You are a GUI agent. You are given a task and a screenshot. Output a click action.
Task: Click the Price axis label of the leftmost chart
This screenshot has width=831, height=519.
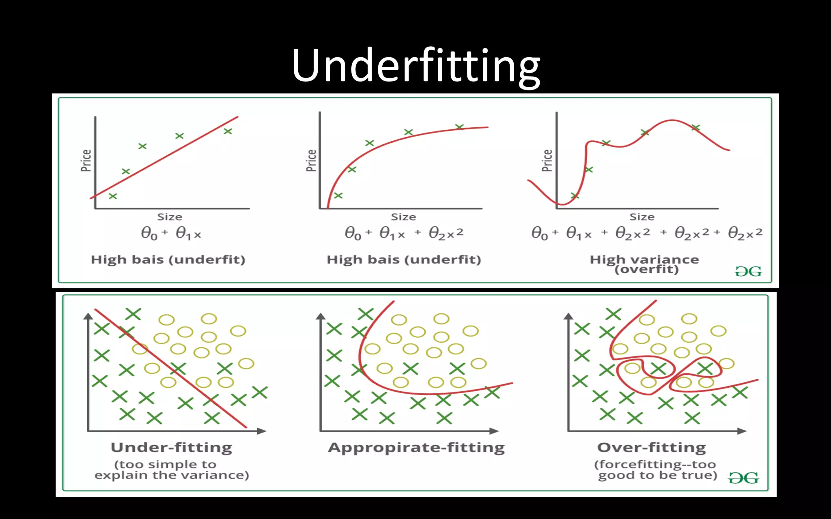(86, 161)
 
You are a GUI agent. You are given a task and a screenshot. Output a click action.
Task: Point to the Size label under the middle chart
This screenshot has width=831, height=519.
(403, 217)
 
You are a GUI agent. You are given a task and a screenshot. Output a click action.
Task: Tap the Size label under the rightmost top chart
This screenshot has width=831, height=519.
(642, 217)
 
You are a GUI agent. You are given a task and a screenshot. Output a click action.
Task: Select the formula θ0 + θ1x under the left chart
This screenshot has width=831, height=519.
(171, 234)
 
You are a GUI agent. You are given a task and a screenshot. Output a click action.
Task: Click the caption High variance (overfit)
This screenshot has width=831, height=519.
(645, 264)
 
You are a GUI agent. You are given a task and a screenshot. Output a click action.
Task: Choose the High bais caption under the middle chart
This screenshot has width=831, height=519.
(404, 259)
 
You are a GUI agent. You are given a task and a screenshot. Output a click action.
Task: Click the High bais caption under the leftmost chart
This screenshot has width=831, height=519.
(168, 259)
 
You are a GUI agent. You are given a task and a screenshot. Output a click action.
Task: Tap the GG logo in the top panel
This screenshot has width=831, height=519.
(748, 271)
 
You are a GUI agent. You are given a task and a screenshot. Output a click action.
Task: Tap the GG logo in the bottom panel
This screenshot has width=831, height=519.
(743, 478)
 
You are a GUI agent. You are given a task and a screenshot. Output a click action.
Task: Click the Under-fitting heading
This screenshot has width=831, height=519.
(171, 447)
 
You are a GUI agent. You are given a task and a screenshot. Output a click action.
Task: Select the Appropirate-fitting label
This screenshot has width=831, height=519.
(416, 447)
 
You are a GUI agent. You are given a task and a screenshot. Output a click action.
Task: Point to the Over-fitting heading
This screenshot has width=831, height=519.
(652, 447)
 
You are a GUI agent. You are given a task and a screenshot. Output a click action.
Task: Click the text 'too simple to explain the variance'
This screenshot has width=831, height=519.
(171, 470)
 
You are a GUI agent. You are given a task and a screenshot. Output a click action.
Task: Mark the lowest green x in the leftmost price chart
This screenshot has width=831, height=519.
(113, 196)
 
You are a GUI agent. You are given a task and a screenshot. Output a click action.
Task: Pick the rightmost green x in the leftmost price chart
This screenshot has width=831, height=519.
(228, 131)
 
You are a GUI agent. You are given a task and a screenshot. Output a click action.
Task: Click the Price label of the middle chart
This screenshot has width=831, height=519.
(311, 161)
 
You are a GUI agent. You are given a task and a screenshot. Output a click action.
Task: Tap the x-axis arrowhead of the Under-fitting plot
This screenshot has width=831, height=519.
(262, 431)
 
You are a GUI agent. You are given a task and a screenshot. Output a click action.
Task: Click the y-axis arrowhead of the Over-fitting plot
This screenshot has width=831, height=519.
(568, 316)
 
